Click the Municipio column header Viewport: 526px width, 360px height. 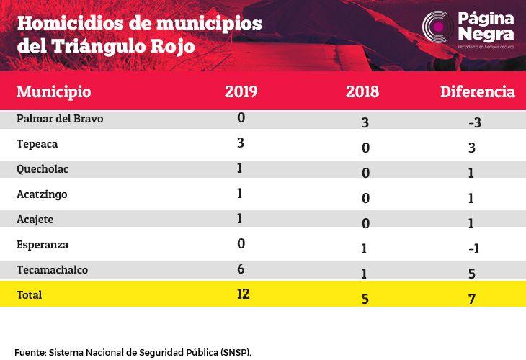53,92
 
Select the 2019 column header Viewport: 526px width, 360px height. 241,91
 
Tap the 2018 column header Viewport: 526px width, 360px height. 362,91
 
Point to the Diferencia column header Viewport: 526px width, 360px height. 477,91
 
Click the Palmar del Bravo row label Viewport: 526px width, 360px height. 60,119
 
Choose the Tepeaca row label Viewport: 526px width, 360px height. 37,144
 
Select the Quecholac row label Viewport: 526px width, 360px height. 43,169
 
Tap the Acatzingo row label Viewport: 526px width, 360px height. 42,194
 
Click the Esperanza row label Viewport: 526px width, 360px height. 43,245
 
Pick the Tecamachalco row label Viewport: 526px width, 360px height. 52,270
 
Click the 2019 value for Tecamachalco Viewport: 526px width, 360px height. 241,269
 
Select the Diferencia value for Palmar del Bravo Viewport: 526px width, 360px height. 475,122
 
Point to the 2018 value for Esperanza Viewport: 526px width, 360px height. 365,248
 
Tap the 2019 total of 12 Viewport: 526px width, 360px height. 243,294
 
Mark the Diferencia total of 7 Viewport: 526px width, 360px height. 472,299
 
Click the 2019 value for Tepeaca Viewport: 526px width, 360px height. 240,143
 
